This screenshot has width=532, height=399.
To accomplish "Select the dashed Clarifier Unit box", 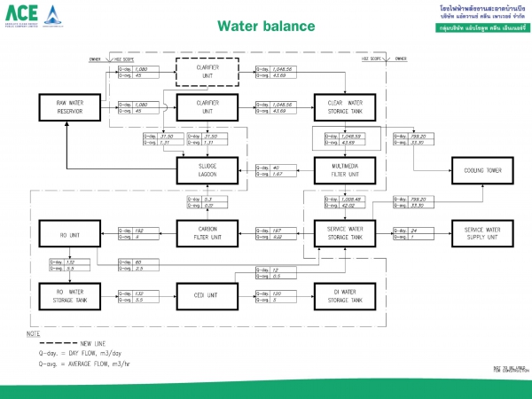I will click(x=203, y=70).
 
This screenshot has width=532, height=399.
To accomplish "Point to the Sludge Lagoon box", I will click(x=203, y=168).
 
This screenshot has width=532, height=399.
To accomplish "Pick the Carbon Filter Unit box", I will click(x=203, y=232).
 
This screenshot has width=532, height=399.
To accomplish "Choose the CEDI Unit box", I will click(x=203, y=294).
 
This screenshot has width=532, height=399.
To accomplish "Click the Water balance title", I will click(x=265, y=26).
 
